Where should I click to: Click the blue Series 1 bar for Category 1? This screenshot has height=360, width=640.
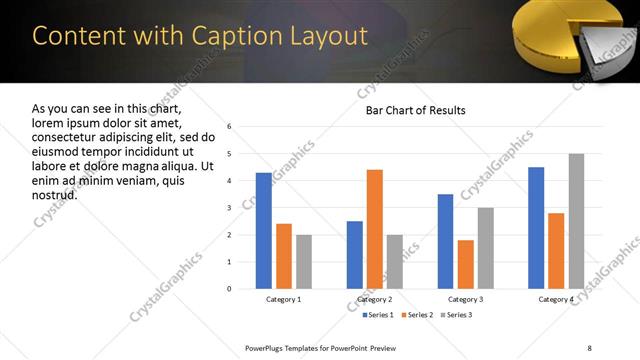[x=263, y=231]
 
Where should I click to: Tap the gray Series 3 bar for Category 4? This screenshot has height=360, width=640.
[x=576, y=221]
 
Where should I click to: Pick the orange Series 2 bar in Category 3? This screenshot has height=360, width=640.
[x=465, y=264]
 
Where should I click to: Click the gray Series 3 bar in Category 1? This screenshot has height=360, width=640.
[x=303, y=262]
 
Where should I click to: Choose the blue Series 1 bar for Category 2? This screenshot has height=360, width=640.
[x=355, y=255]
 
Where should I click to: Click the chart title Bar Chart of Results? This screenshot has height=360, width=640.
[x=415, y=110]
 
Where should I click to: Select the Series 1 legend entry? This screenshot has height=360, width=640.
[x=377, y=316]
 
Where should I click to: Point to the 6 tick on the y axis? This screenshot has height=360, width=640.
[x=230, y=127]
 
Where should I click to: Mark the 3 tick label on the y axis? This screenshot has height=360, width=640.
[x=230, y=208]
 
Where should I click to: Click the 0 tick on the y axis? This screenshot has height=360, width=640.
[x=230, y=289]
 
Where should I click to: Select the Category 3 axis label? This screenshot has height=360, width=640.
[x=465, y=299]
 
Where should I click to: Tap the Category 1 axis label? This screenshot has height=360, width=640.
[x=283, y=299]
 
